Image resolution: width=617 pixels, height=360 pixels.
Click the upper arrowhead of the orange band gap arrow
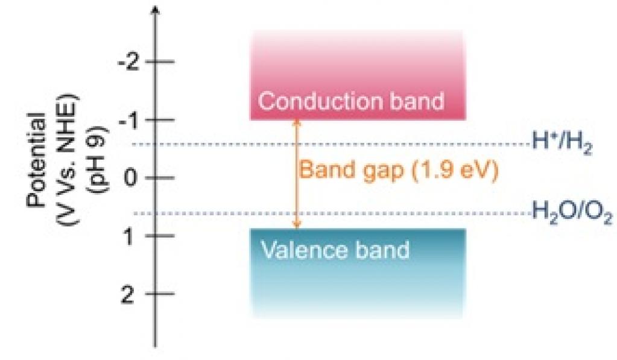[x=296, y=122]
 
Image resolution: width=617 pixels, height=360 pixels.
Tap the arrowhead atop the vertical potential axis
[x=156, y=11]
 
